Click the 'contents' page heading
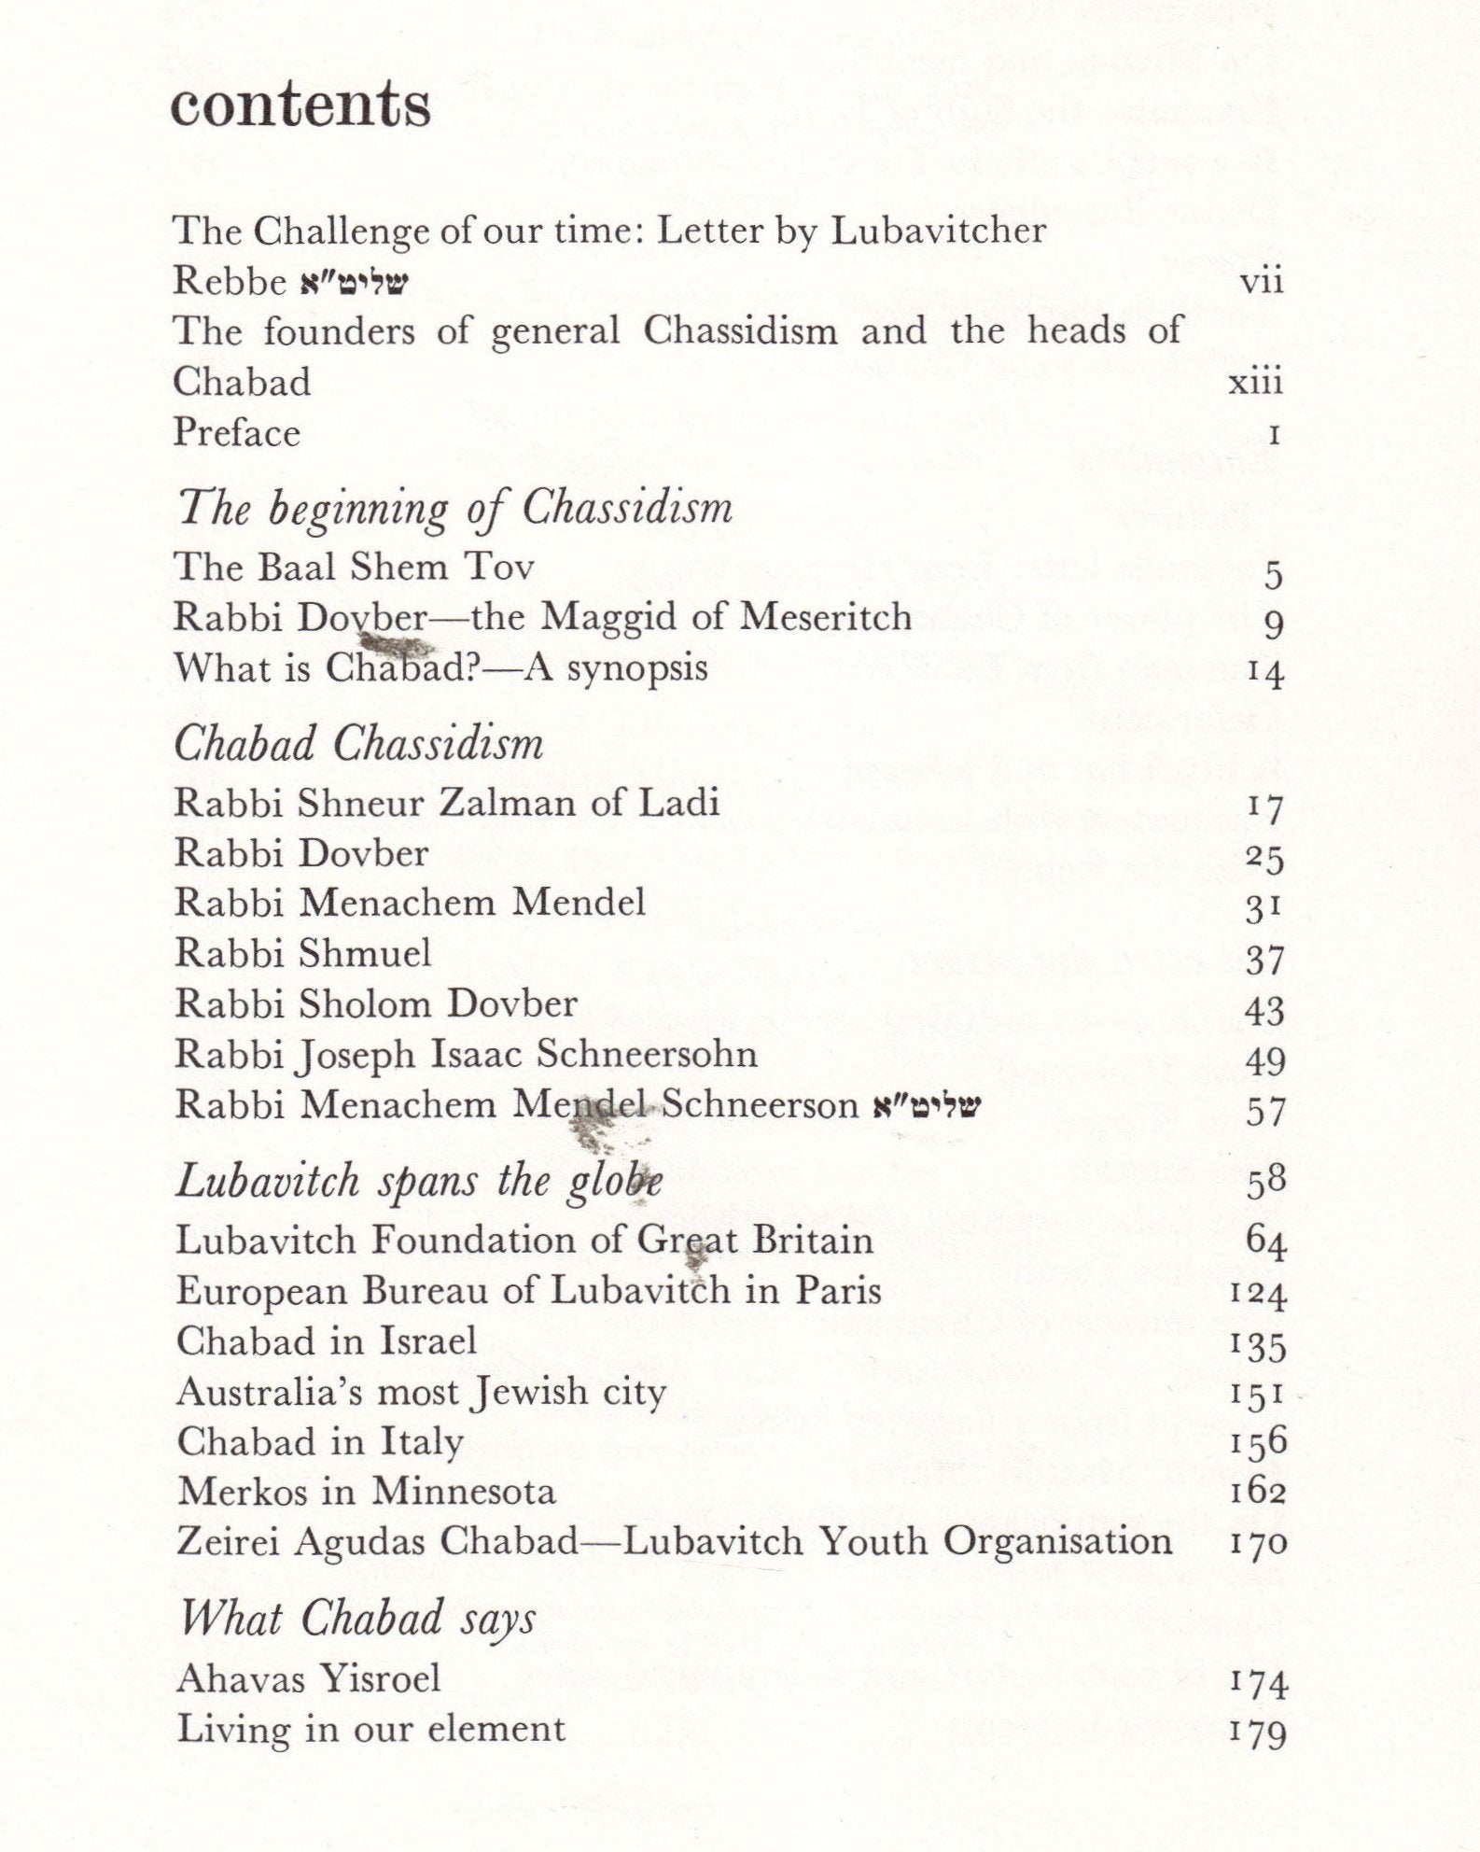(x=300, y=105)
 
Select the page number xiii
(x=1255, y=383)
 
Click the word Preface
(x=237, y=433)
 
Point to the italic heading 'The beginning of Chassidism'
(x=454, y=510)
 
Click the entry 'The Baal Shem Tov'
(x=354, y=567)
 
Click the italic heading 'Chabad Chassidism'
(x=358, y=744)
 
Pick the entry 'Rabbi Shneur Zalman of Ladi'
(x=447, y=803)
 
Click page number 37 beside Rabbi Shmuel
(x=1265, y=960)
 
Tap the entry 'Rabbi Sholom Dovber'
(x=376, y=1003)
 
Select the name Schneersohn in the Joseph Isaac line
(x=647, y=1055)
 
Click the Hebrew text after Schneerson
(x=927, y=1106)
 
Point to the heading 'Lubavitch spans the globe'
(x=419, y=1182)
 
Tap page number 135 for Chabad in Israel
(x=1259, y=1346)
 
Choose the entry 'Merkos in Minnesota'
(x=366, y=1491)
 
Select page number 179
(x=1260, y=1733)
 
